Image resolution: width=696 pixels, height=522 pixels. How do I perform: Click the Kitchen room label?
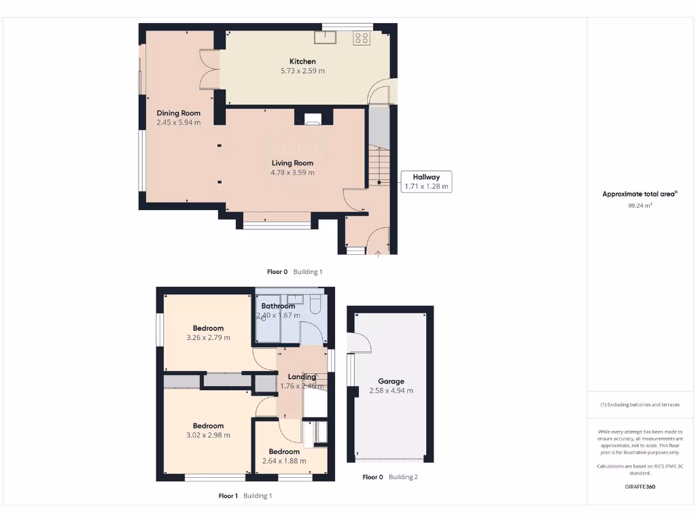pyautogui.click(x=302, y=61)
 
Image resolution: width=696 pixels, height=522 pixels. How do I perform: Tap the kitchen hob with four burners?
pyautogui.click(x=361, y=39)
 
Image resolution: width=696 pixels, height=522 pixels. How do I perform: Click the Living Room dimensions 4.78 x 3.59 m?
pyautogui.click(x=292, y=173)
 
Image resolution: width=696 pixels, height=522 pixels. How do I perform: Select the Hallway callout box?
pyautogui.click(x=426, y=181)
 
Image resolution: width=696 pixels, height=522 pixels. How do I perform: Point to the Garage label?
pyautogui.click(x=391, y=381)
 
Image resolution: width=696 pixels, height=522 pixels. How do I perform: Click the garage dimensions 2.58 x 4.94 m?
pyautogui.click(x=391, y=391)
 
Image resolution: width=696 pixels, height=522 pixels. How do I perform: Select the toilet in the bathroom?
pyautogui.click(x=315, y=304)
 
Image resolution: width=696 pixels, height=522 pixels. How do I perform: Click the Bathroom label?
pyautogui.click(x=278, y=306)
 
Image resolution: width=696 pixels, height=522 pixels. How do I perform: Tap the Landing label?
pyautogui.click(x=302, y=377)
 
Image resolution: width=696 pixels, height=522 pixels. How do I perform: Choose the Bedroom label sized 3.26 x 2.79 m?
pyautogui.click(x=208, y=328)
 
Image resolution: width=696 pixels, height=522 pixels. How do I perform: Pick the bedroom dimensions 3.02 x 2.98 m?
pyautogui.click(x=208, y=436)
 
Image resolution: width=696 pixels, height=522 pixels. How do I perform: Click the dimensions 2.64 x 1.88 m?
pyautogui.click(x=284, y=461)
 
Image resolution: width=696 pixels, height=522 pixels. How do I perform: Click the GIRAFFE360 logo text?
pyautogui.click(x=640, y=487)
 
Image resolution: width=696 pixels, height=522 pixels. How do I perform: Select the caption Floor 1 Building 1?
pyautogui.click(x=245, y=496)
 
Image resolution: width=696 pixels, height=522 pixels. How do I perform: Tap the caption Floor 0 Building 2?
pyautogui.click(x=389, y=477)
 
